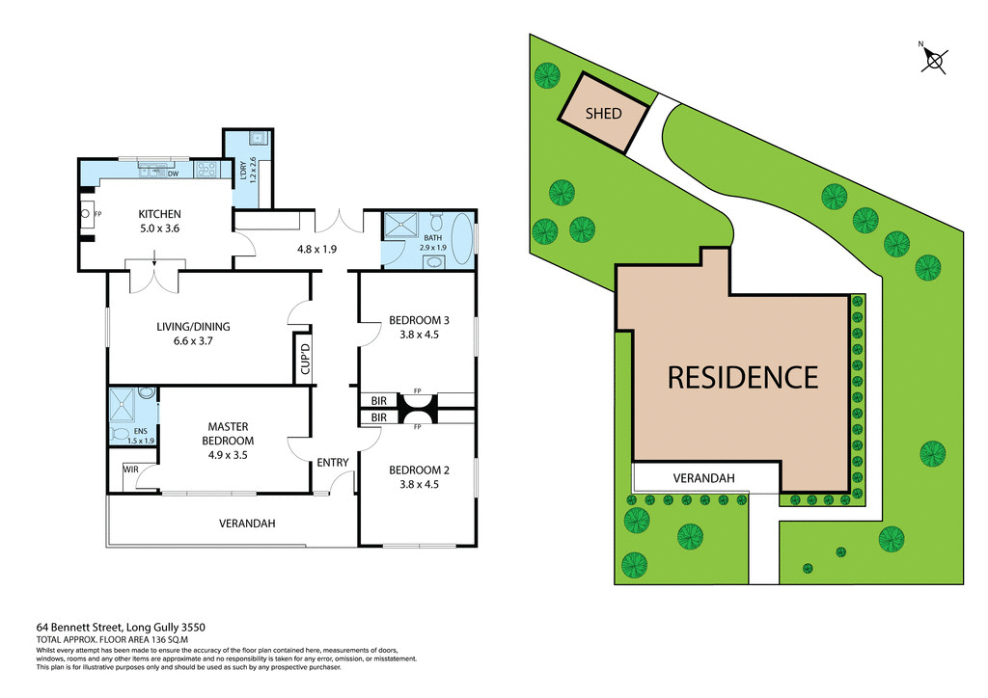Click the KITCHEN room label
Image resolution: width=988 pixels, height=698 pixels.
(159, 214)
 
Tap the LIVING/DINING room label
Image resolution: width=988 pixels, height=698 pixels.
(193, 326)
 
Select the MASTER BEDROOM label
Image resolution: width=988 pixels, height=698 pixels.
(228, 433)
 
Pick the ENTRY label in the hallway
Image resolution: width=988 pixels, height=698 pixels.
(333, 463)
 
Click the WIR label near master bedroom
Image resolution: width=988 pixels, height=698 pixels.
(130, 470)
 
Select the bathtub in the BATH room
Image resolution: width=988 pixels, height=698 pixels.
(464, 239)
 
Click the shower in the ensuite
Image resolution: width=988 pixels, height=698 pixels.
(123, 405)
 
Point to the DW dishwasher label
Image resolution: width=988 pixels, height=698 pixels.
(173, 174)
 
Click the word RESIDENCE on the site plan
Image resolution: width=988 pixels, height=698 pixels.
(742, 377)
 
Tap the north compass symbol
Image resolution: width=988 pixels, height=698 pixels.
(933, 60)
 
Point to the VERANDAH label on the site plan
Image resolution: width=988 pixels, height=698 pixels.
(703, 478)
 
